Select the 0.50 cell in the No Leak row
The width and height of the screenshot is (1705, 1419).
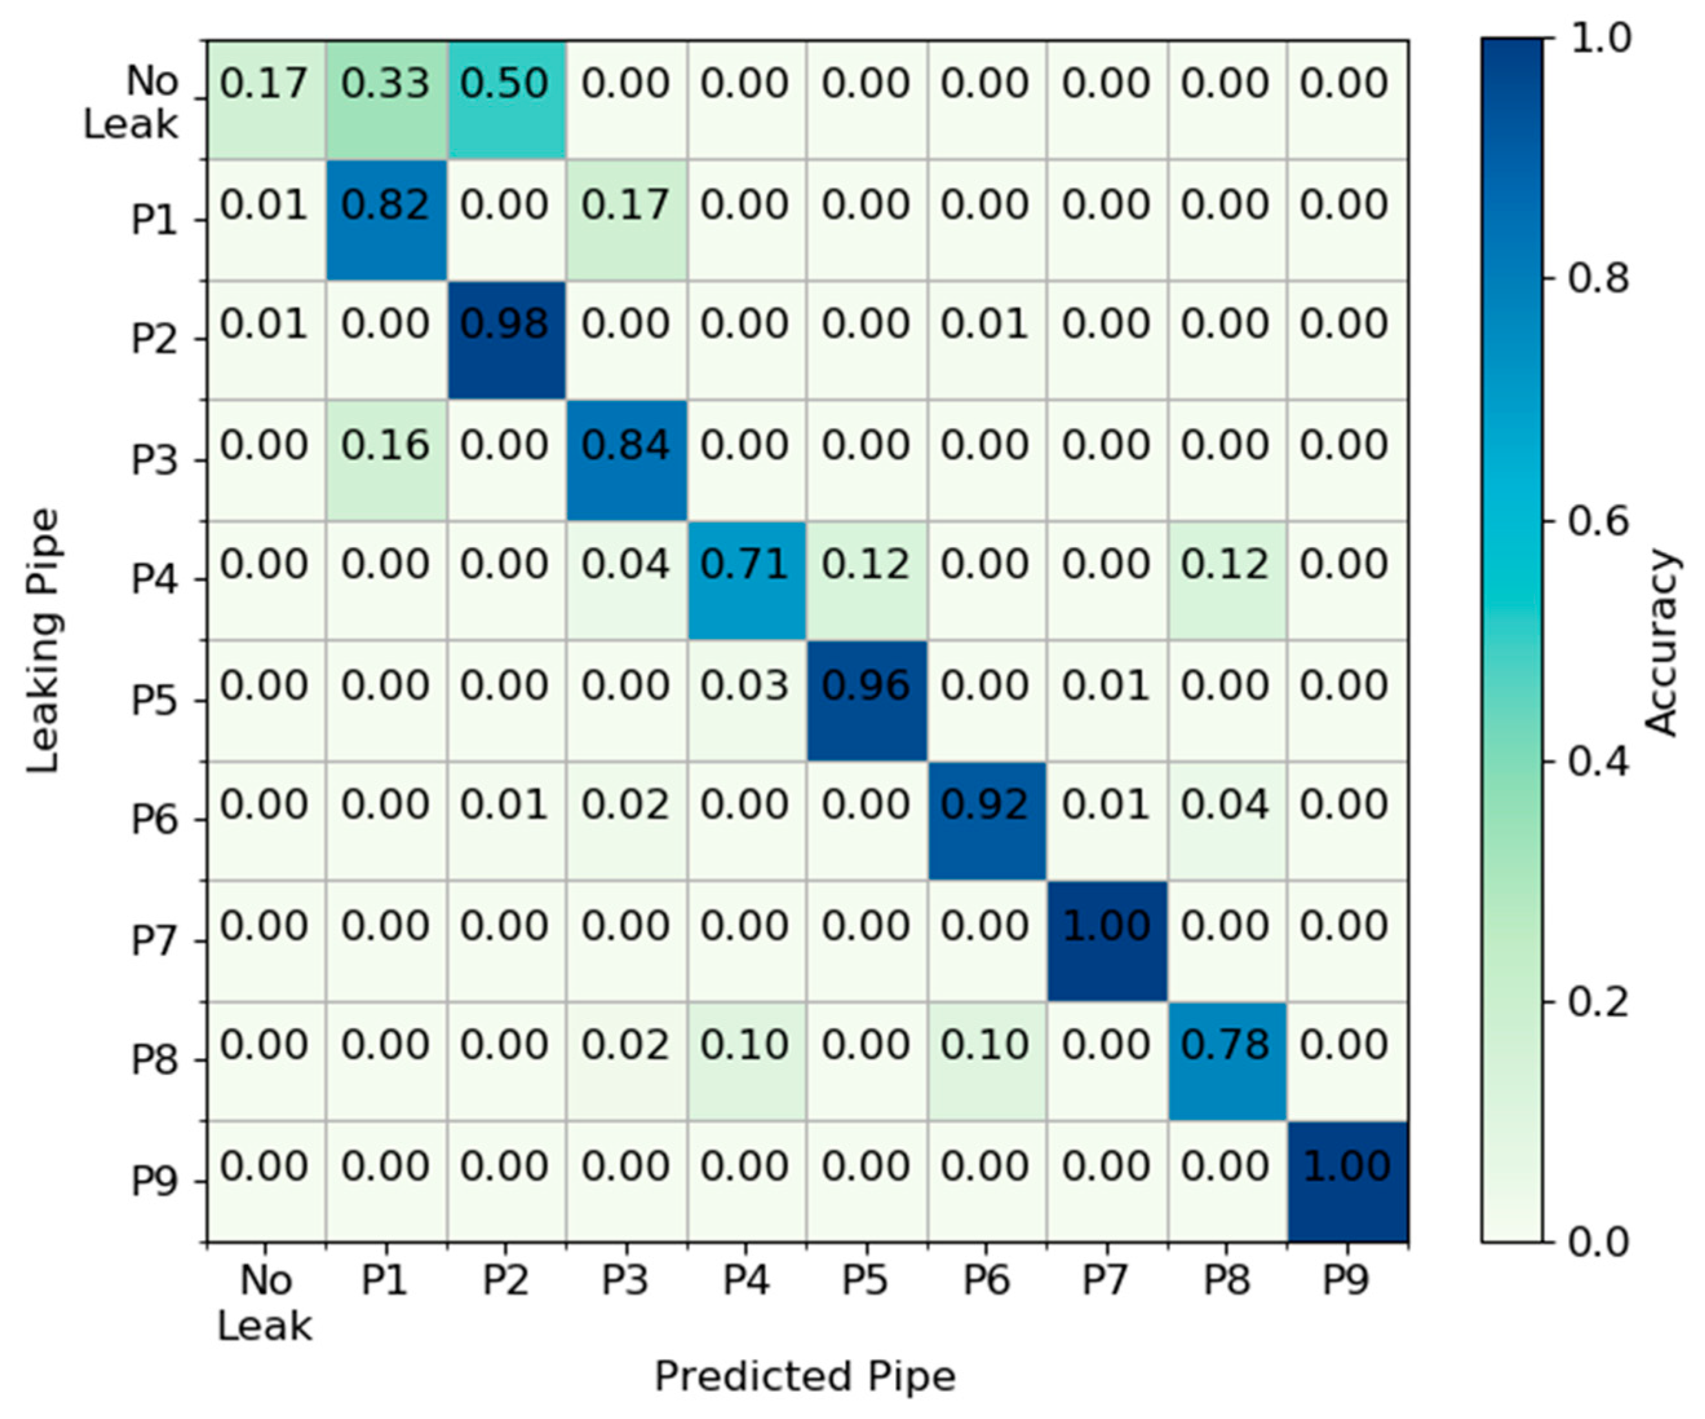pyautogui.click(x=505, y=99)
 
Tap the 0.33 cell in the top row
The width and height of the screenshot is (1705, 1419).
pyautogui.click(x=386, y=99)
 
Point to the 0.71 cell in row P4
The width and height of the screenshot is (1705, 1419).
pyautogui.click(x=745, y=579)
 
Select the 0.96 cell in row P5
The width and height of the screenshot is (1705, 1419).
pyautogui.click(x=865, y=699)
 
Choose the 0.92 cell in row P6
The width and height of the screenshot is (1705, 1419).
pyautogui.click(x=986, y=820)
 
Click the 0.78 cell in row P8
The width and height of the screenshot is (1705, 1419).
pyautogui.click(x=1226, y=1060)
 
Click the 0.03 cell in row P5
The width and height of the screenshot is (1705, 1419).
pyautogui.click(x=745, y=699)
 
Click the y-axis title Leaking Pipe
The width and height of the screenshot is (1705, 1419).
pyautogui.click(x=42, y=641)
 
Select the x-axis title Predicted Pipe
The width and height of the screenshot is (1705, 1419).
pyautogui.click(x=805, y=1376)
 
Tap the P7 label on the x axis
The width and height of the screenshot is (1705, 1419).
pyautogui.click(x=1105, y=1280)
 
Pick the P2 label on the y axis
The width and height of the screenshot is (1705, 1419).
pyautogui.click(x=154, y=339)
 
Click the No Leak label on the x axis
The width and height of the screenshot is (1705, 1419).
pyautogui.click(x=265, y=1303)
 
